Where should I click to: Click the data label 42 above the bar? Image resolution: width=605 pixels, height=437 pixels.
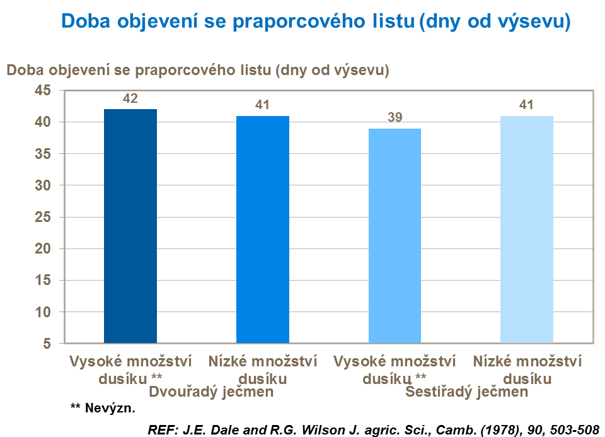coord(130,98)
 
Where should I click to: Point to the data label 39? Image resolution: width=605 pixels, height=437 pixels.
coord(395,118)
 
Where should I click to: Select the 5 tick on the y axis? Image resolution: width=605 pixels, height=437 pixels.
coord(47,344)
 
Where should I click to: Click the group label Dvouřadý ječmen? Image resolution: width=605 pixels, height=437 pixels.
coord(210,392)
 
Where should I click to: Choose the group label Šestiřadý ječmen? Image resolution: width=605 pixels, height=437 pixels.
coord(467,392)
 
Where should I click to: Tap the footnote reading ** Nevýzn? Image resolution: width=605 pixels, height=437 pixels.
coord(103,409)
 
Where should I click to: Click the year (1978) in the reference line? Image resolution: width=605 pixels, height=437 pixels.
coord(463,429)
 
